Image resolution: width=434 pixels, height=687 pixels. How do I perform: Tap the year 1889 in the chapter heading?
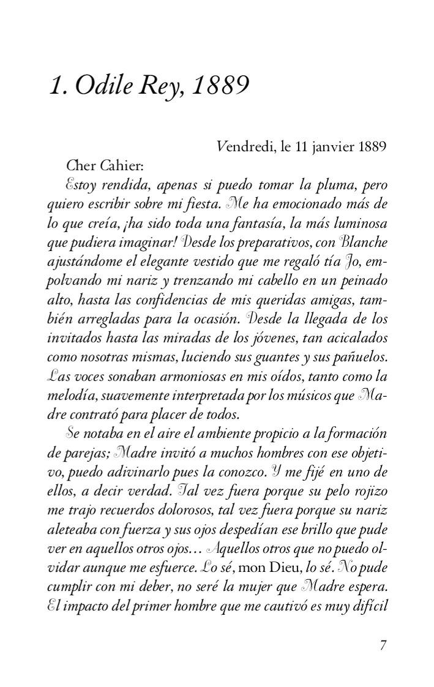[220, 86]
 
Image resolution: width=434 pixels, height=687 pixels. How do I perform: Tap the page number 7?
[383, 645]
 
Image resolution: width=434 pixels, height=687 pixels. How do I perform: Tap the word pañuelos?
[361, 357]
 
